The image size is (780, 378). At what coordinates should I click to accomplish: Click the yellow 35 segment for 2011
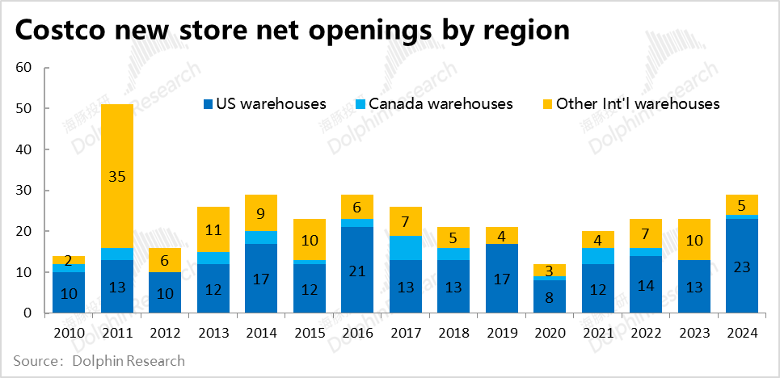point(117,176)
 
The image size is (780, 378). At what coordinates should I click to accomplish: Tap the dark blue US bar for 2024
point(741,267)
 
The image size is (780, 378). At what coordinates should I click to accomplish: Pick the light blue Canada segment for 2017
point(406,247)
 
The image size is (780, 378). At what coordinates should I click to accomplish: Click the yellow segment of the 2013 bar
point(213,229)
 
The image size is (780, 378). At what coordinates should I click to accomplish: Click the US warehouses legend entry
point(264,103)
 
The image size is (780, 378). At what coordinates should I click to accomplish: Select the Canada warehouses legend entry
point(433,103)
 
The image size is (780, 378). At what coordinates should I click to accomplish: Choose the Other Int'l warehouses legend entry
point(630,103)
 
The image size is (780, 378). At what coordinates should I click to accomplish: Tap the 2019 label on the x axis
point(501,333)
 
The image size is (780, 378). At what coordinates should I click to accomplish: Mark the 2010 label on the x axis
point(70,333)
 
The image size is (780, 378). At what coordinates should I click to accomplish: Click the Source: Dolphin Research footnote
point(99,361)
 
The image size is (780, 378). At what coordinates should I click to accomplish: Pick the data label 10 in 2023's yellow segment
point(693,239)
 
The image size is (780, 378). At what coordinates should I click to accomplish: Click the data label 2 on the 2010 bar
point(70,260)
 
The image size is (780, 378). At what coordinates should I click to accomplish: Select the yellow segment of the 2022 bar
point(645,233)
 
